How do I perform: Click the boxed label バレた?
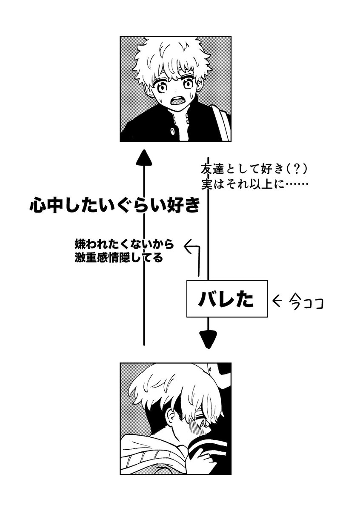226,299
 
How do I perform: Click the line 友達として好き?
242,169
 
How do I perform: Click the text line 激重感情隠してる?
119,258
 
